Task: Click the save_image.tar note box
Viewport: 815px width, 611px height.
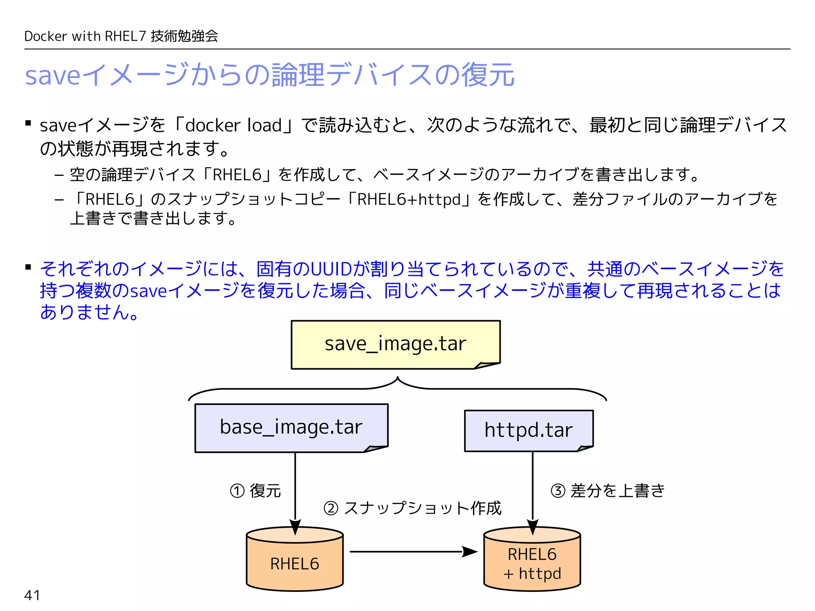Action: tap(395, 344)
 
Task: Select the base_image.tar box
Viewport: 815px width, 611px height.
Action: tap(291, 428)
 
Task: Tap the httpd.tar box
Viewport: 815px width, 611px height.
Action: tap(528, 430)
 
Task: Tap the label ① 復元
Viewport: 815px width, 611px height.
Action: tap(255, 491)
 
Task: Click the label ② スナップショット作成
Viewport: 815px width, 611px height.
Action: tap(412, 508)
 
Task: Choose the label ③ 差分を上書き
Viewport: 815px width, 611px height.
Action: tap(608, 491)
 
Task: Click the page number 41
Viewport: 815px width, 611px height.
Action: tap(32, 595)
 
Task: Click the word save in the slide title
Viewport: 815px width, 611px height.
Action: tap(53, 75)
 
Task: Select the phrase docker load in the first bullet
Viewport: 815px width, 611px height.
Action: tap(234, 125)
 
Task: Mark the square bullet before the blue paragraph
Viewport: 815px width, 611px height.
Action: tap(28, 267)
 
